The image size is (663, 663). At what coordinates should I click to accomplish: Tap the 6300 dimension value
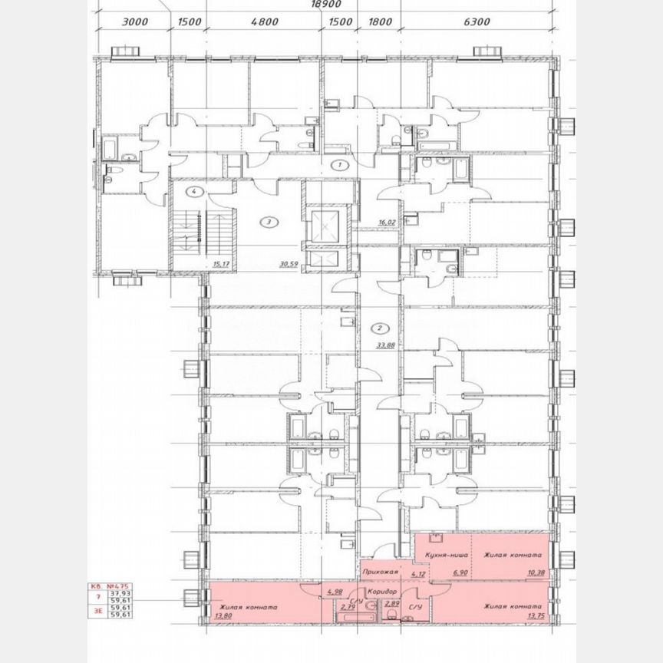click(477, 22)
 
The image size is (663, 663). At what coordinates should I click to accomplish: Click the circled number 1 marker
click(338, 165)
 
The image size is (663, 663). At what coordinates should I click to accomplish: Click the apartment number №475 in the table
click(117, 584)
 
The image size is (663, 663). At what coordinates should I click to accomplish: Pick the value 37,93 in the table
click(119, 593)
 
